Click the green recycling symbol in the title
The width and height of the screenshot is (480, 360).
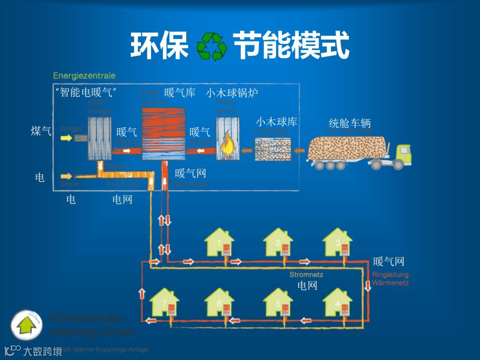coord(212,46)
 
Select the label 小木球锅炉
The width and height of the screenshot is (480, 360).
coord(232,93)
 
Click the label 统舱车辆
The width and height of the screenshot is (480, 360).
coord(349,123)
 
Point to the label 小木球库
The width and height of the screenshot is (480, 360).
coord(276,121)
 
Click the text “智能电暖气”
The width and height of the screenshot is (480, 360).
coord(86,93)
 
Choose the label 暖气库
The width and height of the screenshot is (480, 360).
coord(180,93)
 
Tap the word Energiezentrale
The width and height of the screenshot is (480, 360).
coord(84,76)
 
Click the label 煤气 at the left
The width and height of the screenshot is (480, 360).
coord(41,131)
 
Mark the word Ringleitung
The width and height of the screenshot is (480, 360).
coord(390,275)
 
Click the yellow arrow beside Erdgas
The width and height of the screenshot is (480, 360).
coord(66,138)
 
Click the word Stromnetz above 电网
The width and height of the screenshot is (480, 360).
coord(306,275)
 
